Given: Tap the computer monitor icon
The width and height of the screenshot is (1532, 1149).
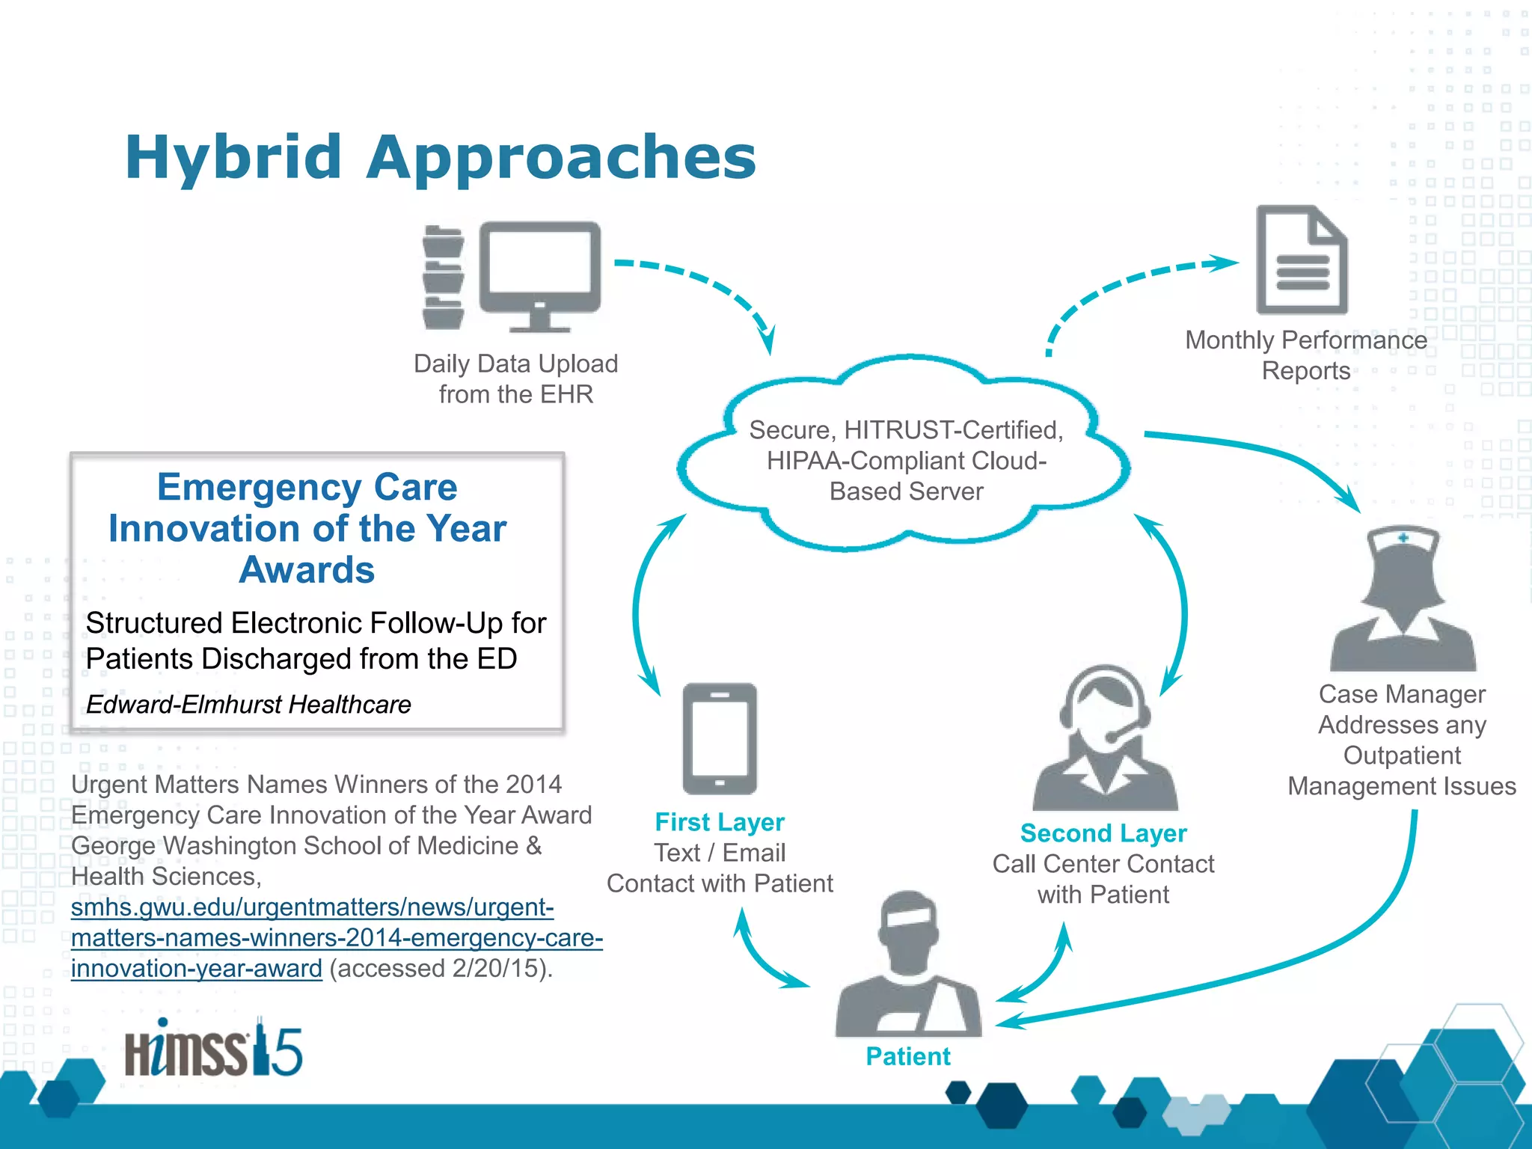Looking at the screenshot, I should click(539, 269).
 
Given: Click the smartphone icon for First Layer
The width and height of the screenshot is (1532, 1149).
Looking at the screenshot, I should click(720, 738).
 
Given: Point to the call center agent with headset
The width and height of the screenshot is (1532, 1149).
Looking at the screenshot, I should click(1105, 741).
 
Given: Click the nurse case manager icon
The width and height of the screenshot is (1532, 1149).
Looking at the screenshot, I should click(1403, 598).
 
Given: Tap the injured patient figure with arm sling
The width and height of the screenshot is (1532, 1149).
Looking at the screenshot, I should click(908, 965).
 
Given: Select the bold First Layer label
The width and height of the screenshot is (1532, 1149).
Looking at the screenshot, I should click(720, 822).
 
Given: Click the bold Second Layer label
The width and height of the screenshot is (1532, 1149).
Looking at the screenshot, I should click(1103, 833).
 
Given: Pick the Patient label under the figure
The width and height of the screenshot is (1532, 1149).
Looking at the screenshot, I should click(908, 1056).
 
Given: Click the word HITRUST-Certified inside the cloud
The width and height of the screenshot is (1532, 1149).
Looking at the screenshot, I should click(953, 430).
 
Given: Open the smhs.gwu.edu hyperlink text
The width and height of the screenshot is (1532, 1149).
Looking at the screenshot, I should click(313, 907).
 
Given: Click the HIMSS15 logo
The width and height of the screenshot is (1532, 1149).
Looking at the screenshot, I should click(213, 1049).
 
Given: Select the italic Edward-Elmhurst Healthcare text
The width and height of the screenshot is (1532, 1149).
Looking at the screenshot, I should click(248, 705).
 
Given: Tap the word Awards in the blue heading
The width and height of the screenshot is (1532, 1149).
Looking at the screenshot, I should click(307, 570).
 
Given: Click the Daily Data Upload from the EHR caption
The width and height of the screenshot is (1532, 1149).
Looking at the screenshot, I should click(516, 379).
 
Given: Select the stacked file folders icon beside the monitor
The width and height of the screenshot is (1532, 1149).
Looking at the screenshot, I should click(443, 278).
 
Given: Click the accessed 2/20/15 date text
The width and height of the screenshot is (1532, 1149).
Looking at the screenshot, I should click(441, 969).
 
